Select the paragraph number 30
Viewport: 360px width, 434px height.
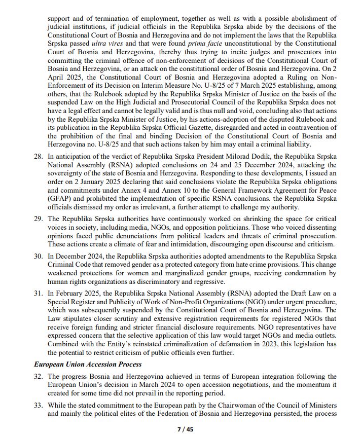[x=38, y=256]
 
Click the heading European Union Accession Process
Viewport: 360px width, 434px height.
[x=87, y=364]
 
